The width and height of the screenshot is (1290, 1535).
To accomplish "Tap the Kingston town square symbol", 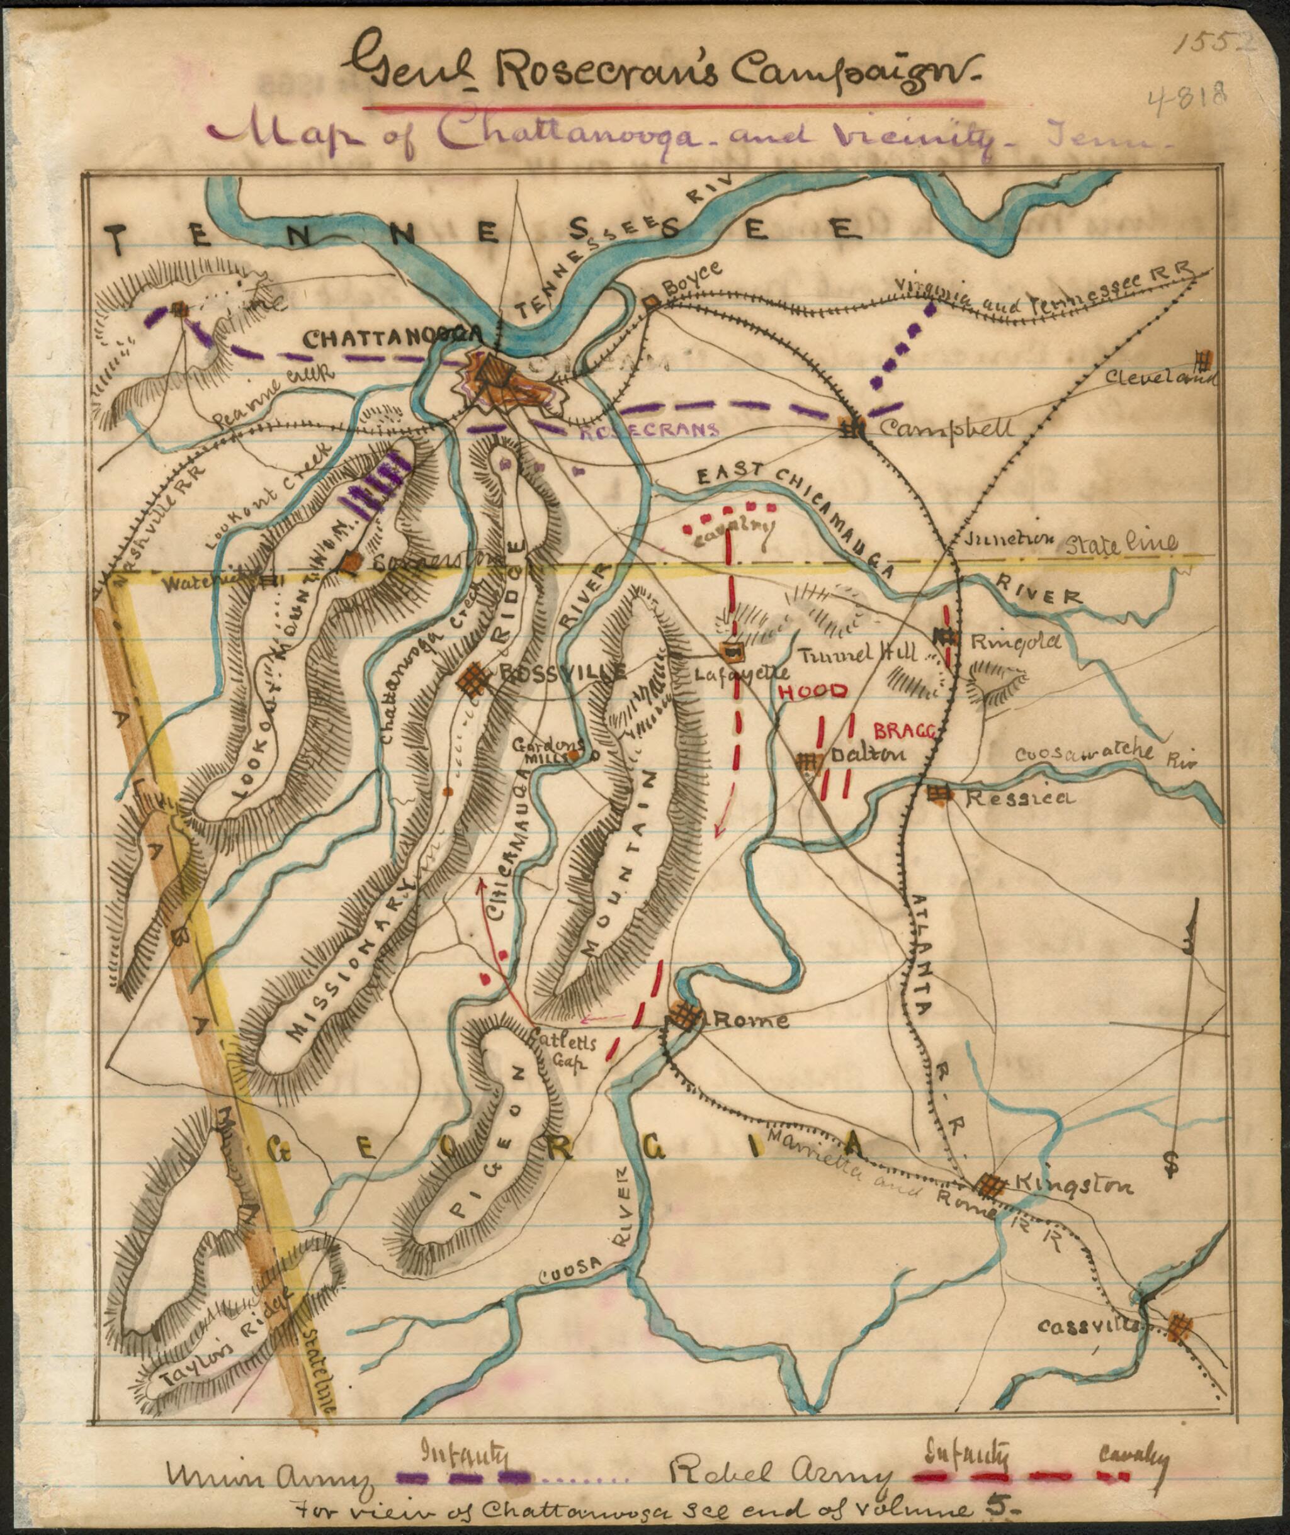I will click(x=991, y=1185).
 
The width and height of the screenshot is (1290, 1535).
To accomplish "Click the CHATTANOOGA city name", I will click(x=393, y=339).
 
